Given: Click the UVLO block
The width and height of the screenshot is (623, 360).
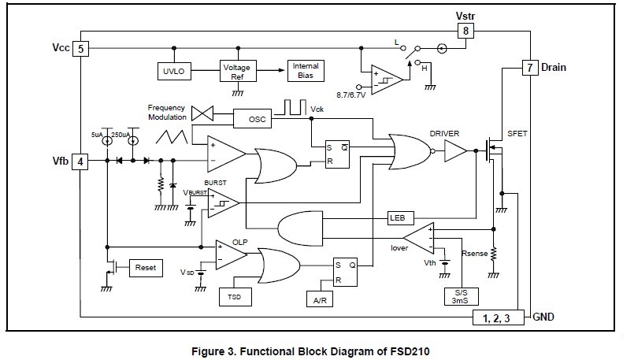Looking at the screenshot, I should point(172,70).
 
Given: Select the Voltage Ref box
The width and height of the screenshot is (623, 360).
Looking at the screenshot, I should point(235,70).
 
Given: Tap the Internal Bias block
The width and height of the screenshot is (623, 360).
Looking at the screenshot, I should point(306,68).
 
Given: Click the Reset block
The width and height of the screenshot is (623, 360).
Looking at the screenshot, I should point(144,268).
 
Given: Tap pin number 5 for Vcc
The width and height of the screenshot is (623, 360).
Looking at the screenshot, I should point(81,49).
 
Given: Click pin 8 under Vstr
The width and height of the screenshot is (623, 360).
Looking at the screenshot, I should point(465,31).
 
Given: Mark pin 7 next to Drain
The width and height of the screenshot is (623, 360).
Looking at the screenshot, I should point(529,68).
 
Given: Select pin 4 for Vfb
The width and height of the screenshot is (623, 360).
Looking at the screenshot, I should point(81,161).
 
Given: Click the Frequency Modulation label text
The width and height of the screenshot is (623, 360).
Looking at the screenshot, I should point(167,112).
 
